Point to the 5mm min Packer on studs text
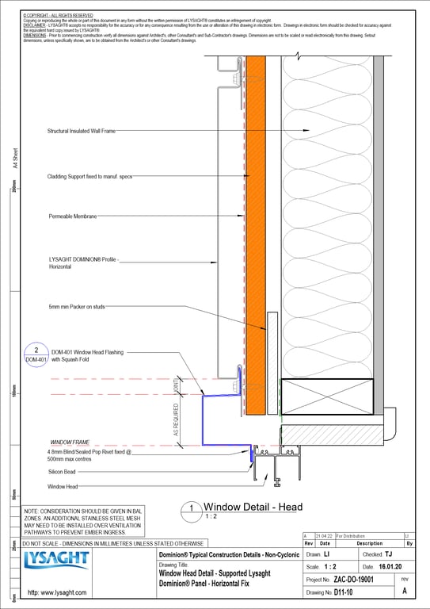click(x=80, y=305)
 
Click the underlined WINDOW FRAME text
click(x=70, y=442)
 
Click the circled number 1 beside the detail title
click(x=190, y=508)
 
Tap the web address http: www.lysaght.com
click(x=58, y=592)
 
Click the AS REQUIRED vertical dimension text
click(x=177, y=416)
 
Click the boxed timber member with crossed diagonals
click(x=327, y=396)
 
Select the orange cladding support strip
click(x=254, y=238)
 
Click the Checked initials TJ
click(x=388, y=554)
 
